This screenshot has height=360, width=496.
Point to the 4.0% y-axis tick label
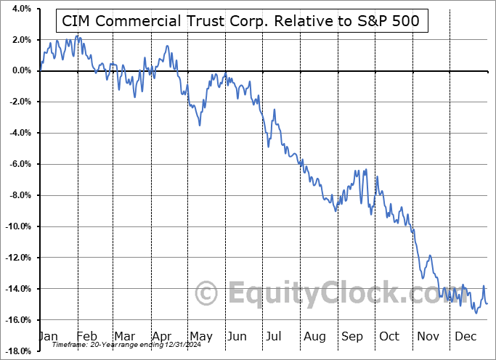pos(18,9)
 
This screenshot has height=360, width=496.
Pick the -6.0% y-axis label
pos(18,164)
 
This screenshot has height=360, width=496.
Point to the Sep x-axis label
pos(352,337)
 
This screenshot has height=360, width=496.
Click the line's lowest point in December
pos(476,313)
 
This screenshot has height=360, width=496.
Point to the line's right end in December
pos(487,303)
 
